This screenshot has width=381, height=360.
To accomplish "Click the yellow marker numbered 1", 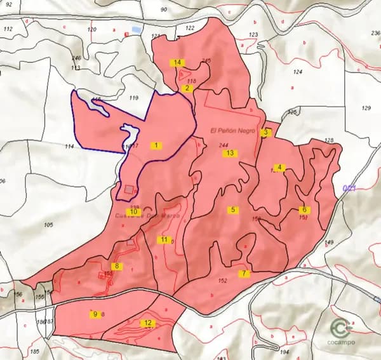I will (156, 145).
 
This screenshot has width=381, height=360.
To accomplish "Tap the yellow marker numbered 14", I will (177, 62).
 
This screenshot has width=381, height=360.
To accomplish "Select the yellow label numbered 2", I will (187, 89).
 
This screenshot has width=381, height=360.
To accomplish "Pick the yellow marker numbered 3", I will (267, 133).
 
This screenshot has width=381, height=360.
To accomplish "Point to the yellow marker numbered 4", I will (279, 168).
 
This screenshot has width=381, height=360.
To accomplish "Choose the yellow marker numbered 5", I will (233, 210).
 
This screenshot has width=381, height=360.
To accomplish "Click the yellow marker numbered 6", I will (304, 210).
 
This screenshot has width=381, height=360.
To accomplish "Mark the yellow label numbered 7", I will (243, 274).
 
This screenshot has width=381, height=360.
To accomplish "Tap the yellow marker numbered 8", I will (116, 265).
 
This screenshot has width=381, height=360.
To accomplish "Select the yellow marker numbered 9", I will (95, 314).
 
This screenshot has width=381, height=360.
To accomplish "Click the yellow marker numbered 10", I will (133, 211).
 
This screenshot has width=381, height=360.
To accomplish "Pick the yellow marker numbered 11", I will (164, 239).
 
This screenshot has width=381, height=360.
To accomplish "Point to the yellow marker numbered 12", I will (147, 323).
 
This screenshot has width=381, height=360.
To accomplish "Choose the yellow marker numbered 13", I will (230, 153).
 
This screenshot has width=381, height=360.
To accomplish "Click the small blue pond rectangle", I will (136, 29).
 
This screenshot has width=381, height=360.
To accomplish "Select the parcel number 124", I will (298, 72).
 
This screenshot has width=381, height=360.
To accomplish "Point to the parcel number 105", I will (49, 225).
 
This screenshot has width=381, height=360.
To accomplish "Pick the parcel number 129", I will (366, 109).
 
